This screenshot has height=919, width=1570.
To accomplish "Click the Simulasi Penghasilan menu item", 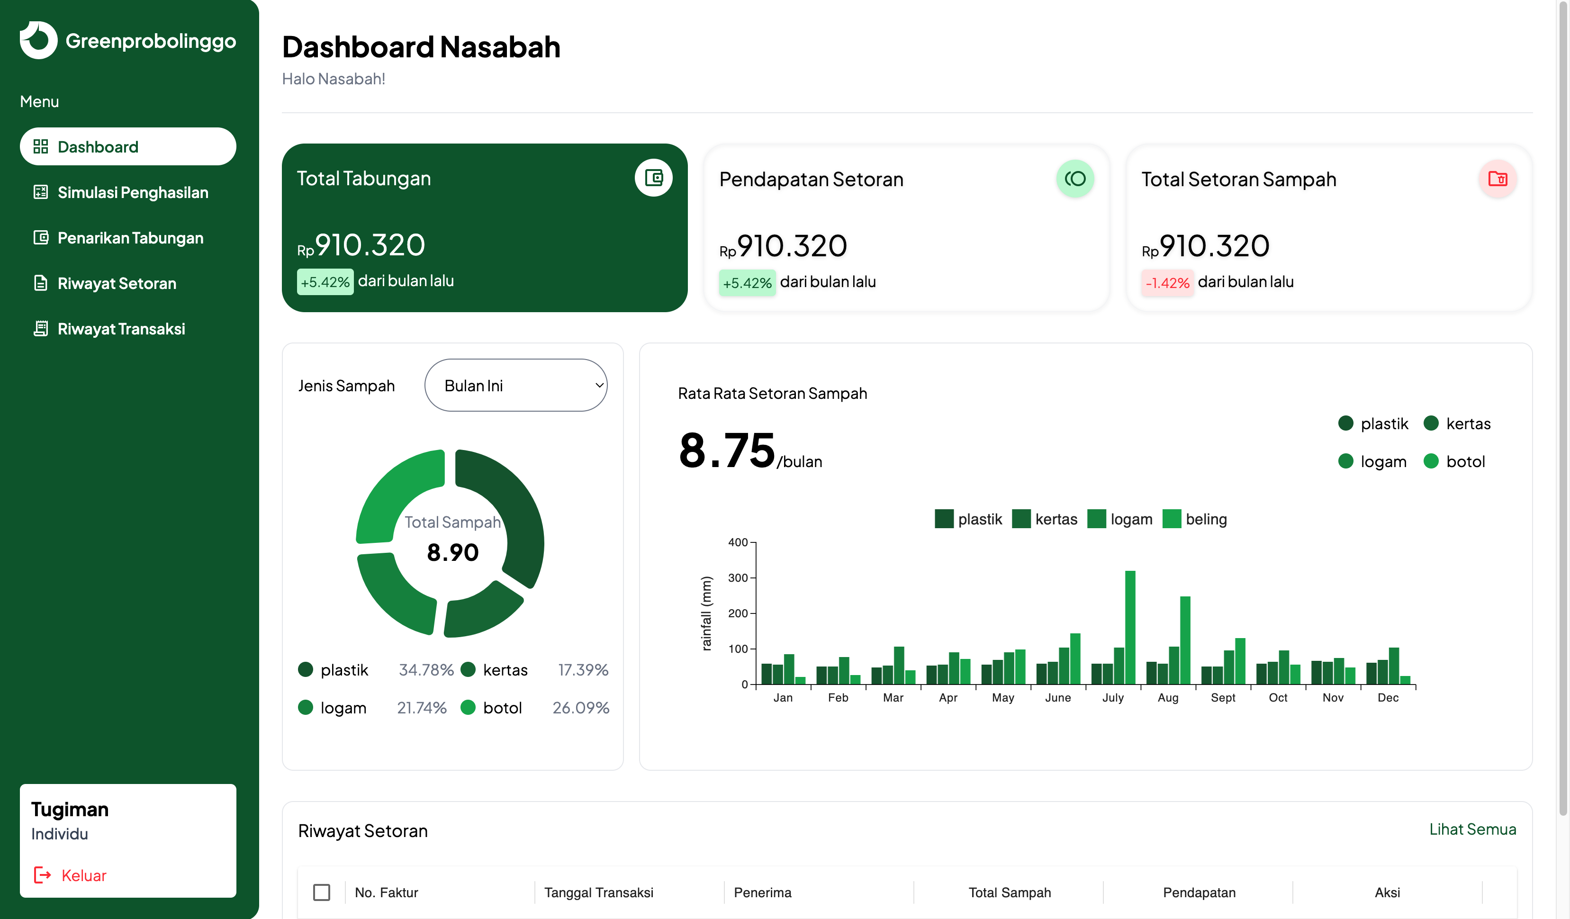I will (132, 192).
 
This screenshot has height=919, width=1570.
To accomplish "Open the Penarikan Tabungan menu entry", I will (130, 238).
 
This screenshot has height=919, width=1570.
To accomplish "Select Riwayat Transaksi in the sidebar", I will (121, 329).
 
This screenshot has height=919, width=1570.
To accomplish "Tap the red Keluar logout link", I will (83, 875).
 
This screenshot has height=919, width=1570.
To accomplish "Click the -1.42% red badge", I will (1167, 283).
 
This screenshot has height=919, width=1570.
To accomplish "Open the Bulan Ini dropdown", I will (515, 385).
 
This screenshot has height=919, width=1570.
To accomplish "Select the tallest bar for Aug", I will (1184, 640).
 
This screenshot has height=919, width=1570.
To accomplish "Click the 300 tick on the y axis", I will (738, 577).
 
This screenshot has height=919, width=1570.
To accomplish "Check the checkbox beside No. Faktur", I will (322, 892).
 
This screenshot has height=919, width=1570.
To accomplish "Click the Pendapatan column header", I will (1199, 892).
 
